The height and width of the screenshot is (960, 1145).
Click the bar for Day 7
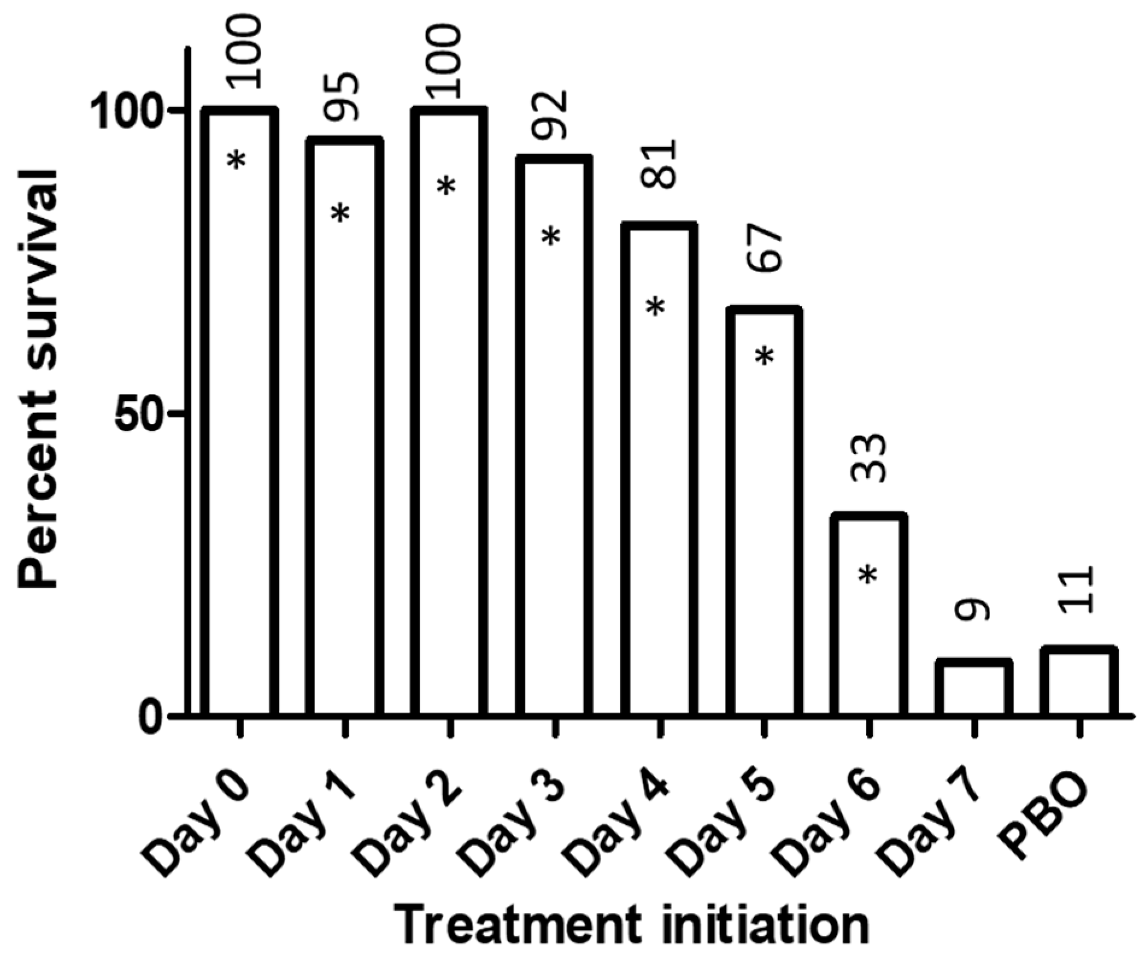point(973,688)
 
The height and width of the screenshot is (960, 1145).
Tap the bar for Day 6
point(868,614)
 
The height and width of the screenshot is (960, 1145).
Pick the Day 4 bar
point(659,470)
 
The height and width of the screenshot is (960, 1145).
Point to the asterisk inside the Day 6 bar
point(868,575)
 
